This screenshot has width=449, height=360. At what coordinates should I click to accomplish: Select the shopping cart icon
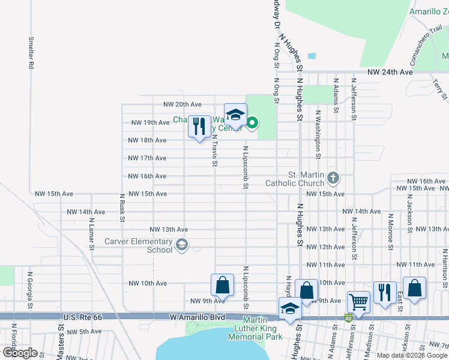[x=358, y=302]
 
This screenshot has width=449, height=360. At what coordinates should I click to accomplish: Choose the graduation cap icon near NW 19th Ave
[x=235, y=114]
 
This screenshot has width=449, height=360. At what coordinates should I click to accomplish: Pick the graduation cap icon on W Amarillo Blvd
[x=290, y=308]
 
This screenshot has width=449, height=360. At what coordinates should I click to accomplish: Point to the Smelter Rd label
[x=31, y=53]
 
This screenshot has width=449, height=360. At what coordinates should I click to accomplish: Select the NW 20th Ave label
[x=183, y=104]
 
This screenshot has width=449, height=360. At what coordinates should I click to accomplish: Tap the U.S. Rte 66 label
[x=82, y=316]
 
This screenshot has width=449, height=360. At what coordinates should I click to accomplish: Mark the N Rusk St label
[x=122, y=207]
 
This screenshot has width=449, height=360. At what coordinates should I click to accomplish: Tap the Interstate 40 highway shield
[x=348, y=317]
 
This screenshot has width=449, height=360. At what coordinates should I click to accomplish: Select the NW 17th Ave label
[x=147, y=158]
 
